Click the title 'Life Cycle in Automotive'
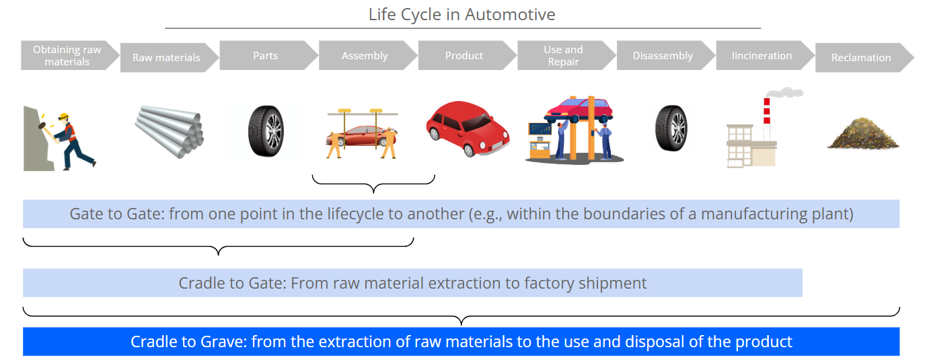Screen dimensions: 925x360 (x=461, y=15)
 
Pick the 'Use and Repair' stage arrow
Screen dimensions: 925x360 (x=566, y=55)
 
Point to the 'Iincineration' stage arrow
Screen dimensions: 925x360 (x=765, y=55)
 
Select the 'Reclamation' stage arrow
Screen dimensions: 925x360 (x=864, y=57)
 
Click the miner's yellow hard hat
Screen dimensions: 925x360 (x=64, y=116)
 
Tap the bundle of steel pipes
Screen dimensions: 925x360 (x=170, y=131)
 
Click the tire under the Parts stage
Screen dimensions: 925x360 (x=266, y=131)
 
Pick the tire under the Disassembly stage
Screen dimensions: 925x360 (x=671, y=128)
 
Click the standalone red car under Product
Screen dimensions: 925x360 (x=468, y=129)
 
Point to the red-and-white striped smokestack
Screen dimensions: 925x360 (x=766, y=111)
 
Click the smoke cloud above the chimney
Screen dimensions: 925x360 (x=784, y=92)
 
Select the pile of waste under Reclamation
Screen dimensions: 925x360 (x=863, y=133)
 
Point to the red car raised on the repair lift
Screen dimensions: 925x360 (x=579, y=110)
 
